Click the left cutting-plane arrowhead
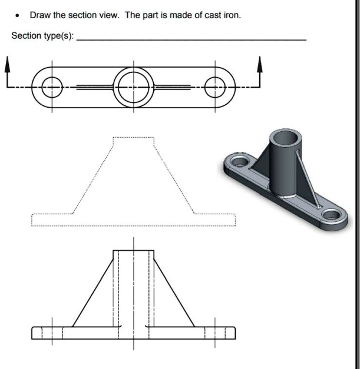point(8,61)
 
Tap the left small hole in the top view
point(52,87)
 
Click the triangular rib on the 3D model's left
point(261,159)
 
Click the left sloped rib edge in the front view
point(93,288)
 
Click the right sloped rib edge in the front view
point(174,288)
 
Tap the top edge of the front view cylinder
point(133,251)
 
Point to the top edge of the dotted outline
point(133,137)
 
